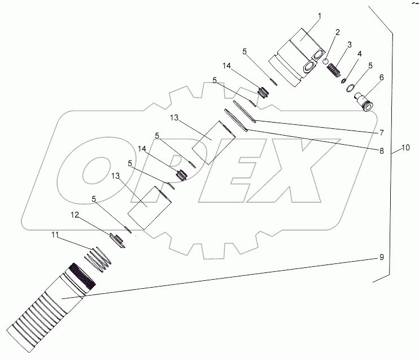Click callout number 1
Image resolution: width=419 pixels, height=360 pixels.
pyautogui.click(x=319, y=16)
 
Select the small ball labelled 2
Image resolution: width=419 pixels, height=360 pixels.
pyautogui.click(x=325, y=62)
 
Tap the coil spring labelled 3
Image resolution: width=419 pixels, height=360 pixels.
pyautogui.click(x=334, y=70)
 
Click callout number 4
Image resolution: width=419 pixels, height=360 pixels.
pyautogui.click(x=359, y=54)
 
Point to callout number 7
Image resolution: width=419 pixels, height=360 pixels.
pyautogui.click(x=382, y=132)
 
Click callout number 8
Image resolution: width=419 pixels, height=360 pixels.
pyautogui.click(x=382, y=151)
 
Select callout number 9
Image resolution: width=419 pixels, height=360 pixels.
pyautogui.click(x=382, y=257)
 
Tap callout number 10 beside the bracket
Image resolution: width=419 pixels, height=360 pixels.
pyautogui.click(x=405, y=148)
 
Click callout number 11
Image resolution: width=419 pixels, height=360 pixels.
pyautogui.click(x=55, y=235)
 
